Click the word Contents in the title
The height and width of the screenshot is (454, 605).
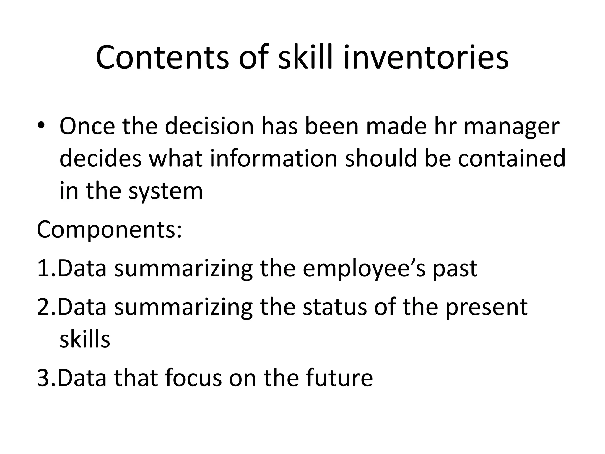(162, 57)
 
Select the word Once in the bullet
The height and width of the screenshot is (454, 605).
(87, 127)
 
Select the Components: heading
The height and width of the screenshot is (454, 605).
(110, 230)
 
